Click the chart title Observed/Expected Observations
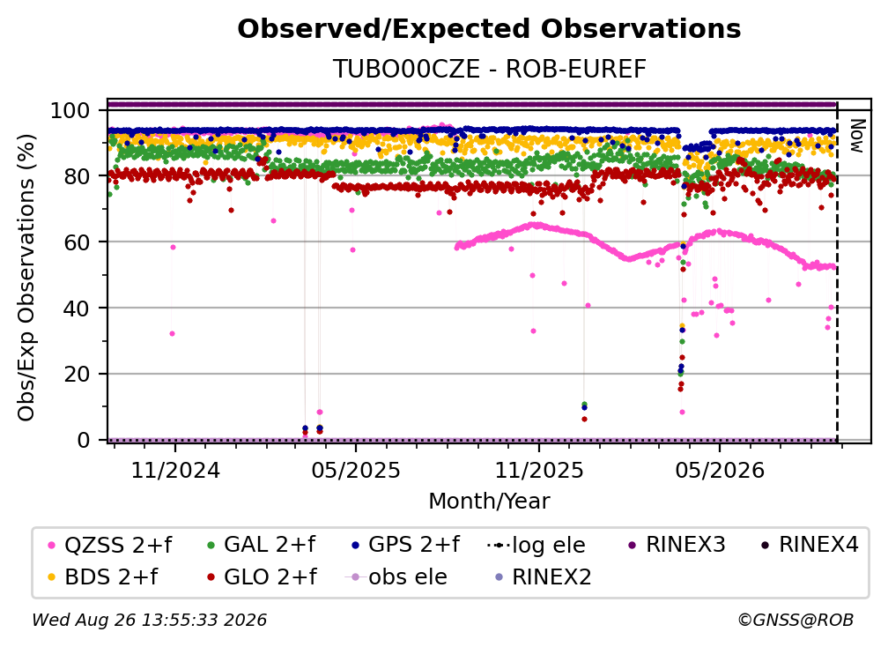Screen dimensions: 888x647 [x=489, y=29]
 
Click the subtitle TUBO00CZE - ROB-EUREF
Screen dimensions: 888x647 [x=489, y=69]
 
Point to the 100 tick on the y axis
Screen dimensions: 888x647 [x=70, y=110]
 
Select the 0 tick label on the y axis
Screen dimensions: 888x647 [x=83, y=440]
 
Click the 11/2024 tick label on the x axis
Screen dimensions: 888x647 [x=175, y=470]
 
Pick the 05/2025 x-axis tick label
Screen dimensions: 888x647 [x=356, y=470]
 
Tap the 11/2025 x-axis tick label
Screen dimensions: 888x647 [x=539, y=470]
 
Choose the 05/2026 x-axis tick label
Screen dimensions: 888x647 [x=720, y=470]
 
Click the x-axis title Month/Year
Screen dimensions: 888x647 [x=489, y=501]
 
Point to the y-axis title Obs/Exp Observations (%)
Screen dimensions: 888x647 [x=26, y=277]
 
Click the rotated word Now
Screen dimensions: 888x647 [x=857, y=136]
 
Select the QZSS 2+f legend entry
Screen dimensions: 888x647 [x=110, y=545]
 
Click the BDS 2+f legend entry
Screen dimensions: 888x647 [x=104, y=576]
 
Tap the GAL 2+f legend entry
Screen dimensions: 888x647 [x=261, y=545]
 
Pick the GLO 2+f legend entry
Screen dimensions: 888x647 [x=263, y=576]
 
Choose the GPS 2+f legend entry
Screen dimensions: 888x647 [x=405, y=545]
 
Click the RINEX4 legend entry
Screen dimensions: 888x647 [x=810, y=545]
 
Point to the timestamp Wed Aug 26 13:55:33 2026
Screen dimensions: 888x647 [x=149, y=620]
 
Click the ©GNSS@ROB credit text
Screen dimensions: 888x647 [x=795, y=620]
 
